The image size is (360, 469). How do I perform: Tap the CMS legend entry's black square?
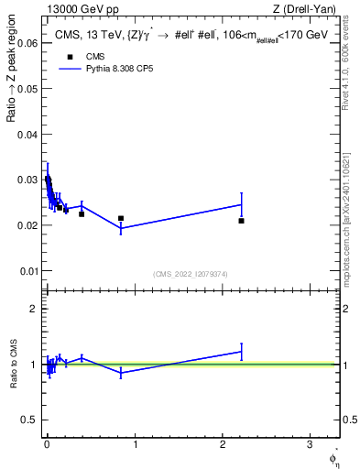click(71, 58)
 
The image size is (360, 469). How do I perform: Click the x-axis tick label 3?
click(310, 445)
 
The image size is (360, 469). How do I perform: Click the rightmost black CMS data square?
click(241, 221)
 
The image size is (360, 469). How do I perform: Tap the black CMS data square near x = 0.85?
click(121, 218)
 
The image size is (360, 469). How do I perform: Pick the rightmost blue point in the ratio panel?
click(241, 351)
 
